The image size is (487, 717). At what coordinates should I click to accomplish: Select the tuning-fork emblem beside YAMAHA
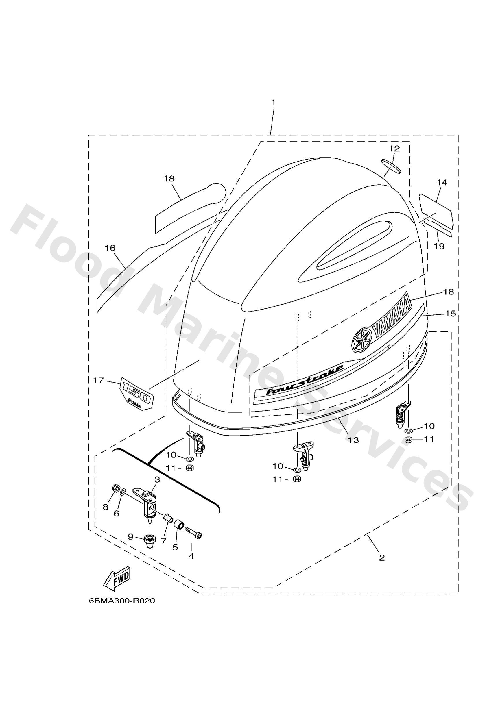pos(362,339)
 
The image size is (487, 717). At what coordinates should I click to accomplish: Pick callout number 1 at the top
pos(273,102)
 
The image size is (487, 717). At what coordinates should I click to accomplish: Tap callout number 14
pos(442,183)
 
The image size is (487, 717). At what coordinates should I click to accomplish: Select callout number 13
pos(354,440)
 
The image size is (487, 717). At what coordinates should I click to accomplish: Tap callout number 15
pos(451,314)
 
